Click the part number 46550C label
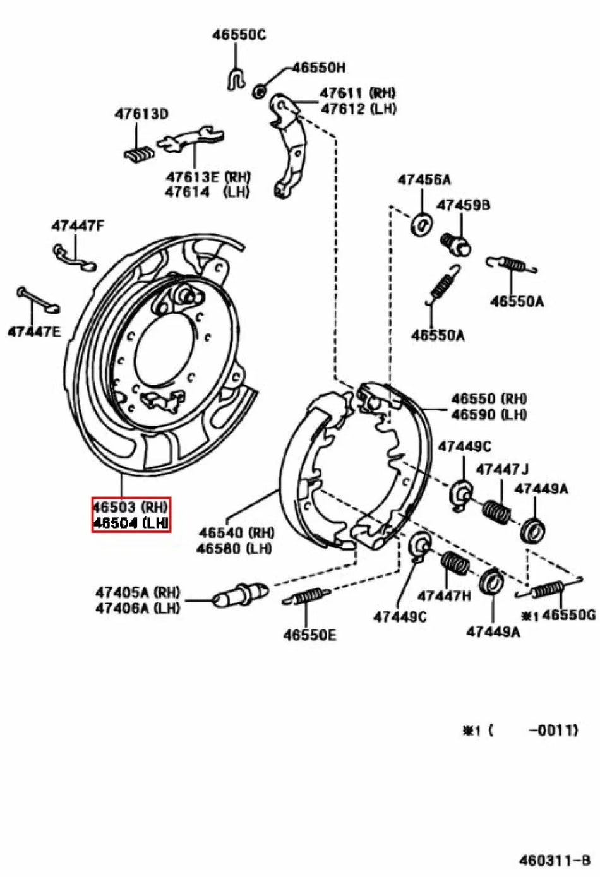238,35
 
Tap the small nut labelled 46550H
259,91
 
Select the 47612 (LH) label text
358,109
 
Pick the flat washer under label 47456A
421,224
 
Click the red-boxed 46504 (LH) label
131,522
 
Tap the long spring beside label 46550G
546,591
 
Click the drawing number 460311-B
554,861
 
